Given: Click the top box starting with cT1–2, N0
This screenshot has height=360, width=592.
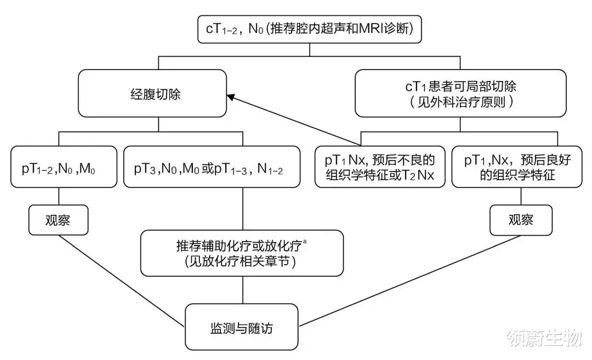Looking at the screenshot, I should pyautogui.click(x=310, y=29).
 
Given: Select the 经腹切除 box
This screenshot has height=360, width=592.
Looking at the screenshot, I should pyautogui.click(x=152, y=94).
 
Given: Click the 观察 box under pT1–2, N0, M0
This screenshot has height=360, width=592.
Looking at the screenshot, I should pyautogui.click(x=58, y=220).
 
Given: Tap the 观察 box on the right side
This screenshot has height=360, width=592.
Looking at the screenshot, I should pyautogui.click(x=520, y=220).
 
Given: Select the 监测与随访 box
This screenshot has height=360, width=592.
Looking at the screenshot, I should pyautogui.click(x=242, y=328).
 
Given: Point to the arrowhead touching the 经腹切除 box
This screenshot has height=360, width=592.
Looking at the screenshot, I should pyautogui.click(x=231, y=97).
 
